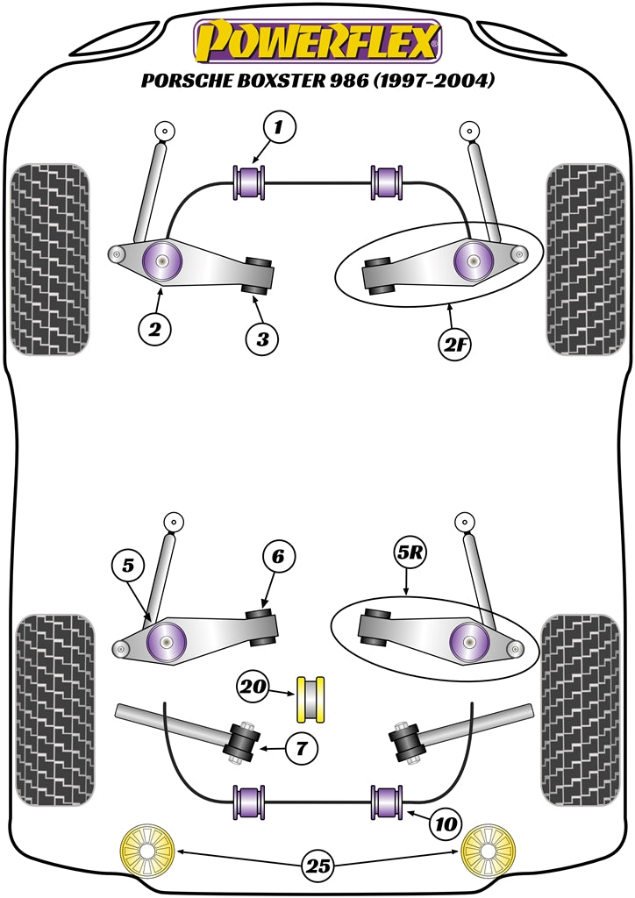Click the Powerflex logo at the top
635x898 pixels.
pyautogui.click(x=317, y=41)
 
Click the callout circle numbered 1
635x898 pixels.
pyautogui.click(x=279, y=130)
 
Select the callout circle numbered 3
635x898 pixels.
pyautogui.click(x=262, y=339)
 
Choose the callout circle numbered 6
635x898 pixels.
pyautogui.click(x=278, y=556)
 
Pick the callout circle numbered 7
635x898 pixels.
pyautogui.click(x=302, y=749)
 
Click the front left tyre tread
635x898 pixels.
pyautogui.click(x=52, y=259)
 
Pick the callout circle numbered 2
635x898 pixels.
pyautogui.click(x=154, y=331)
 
